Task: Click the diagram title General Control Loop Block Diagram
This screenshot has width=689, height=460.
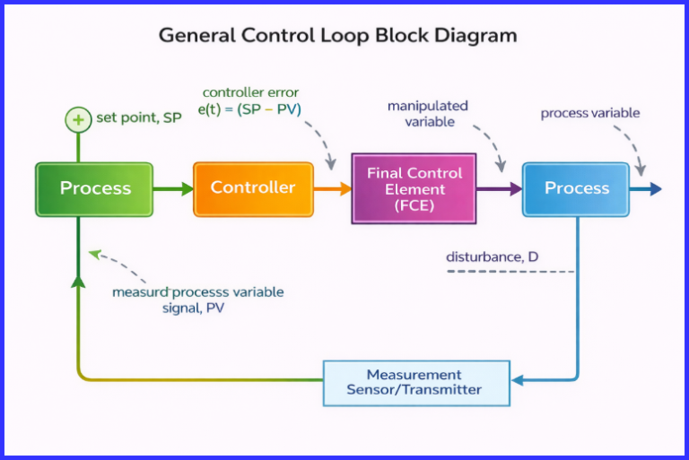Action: pos(337,36)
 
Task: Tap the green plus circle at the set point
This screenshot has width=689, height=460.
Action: pos(77,119)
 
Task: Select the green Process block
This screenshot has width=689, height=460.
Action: pos(95,189)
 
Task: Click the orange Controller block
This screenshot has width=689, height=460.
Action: pos(253,188)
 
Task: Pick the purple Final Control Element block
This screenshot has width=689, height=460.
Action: pos(414,189)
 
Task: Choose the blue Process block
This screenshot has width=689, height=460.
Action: pos(577,189)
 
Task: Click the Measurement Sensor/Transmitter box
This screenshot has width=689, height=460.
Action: pos(415,382)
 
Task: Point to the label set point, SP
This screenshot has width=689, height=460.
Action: pos(138,117)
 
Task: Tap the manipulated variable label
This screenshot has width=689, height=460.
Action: pos(427,114)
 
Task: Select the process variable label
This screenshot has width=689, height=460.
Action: pos(589,113)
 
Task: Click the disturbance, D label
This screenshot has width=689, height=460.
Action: pos(492,257)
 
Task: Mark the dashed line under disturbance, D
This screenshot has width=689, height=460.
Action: pos(510,271)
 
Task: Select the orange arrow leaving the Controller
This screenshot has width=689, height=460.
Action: pos(333,189)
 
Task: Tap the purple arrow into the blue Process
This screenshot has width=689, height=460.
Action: pos(499,189)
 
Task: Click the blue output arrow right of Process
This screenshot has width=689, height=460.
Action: pos(646,189)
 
